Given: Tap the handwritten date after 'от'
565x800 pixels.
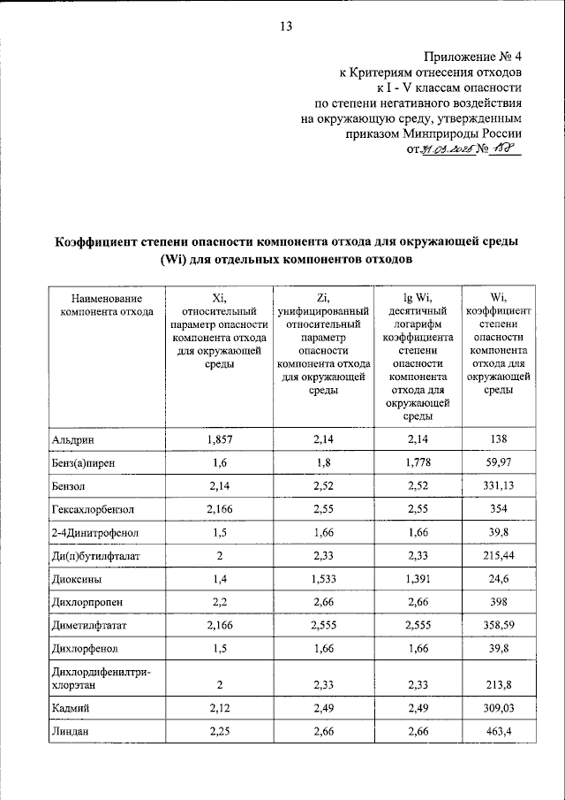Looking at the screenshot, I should [446, 150].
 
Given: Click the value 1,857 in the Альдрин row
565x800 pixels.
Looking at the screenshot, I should [218, 439].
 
